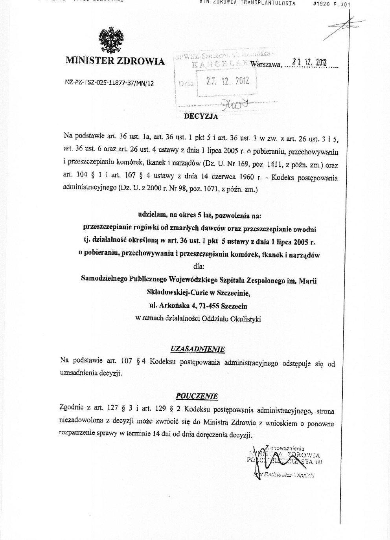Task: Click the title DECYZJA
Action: point(201,116)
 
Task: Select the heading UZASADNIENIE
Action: point(198,349)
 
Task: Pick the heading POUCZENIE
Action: point(197,396)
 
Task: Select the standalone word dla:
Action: point(199,267)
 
